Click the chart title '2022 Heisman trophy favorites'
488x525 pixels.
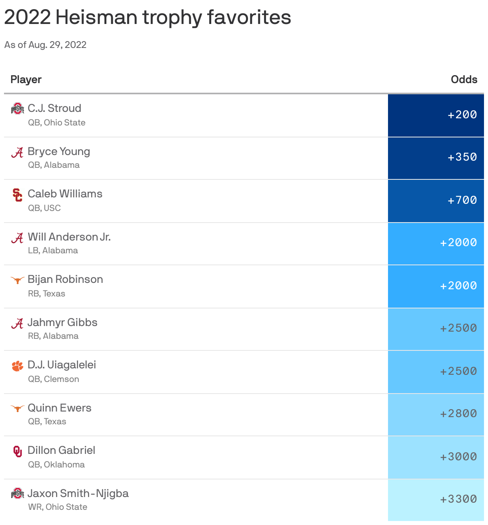click(x=147, y=18)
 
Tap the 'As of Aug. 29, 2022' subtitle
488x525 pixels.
click(x=45, y=45)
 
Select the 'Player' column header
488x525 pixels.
click(x=26, y=80)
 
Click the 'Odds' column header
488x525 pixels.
click(x=464, y=80)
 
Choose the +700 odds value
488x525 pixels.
click(x=462, y=201)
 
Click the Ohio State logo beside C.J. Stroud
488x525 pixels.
click(x=17, y=109)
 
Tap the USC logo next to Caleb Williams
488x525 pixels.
click(x=17, y=195)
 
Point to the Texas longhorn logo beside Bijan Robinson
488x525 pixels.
click(x=17, y=280)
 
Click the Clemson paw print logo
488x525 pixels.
click(x=17, y=366)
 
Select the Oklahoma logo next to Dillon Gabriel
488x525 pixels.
click(x=17, y=451)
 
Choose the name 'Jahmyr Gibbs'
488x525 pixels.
click(x=62, y=322)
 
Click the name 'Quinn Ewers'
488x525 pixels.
click(x=60, y=408)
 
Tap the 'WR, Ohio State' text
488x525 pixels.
click(x=58, y=507)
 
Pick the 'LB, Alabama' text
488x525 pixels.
click(x=53, y=251)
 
